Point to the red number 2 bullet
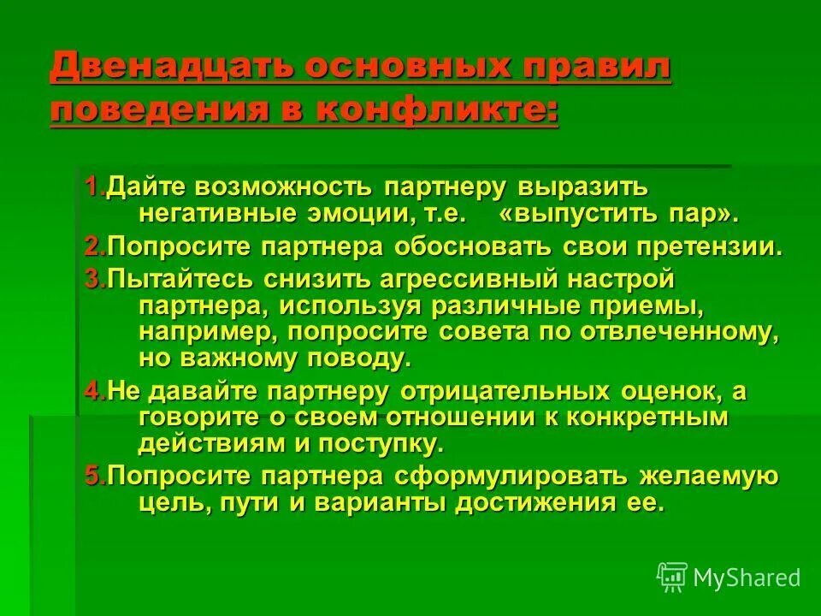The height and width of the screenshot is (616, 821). tap(93, 248)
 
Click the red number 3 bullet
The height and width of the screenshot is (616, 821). tap(93, 279)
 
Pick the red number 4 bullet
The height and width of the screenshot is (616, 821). tap(93, 391)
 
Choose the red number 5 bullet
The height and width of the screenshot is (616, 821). tap(93, 476)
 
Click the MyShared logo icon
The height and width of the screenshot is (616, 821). tap(672, 577)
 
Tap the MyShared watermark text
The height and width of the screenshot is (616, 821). tap(747, 578)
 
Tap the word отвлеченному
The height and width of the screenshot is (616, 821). tap(684, 332)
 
